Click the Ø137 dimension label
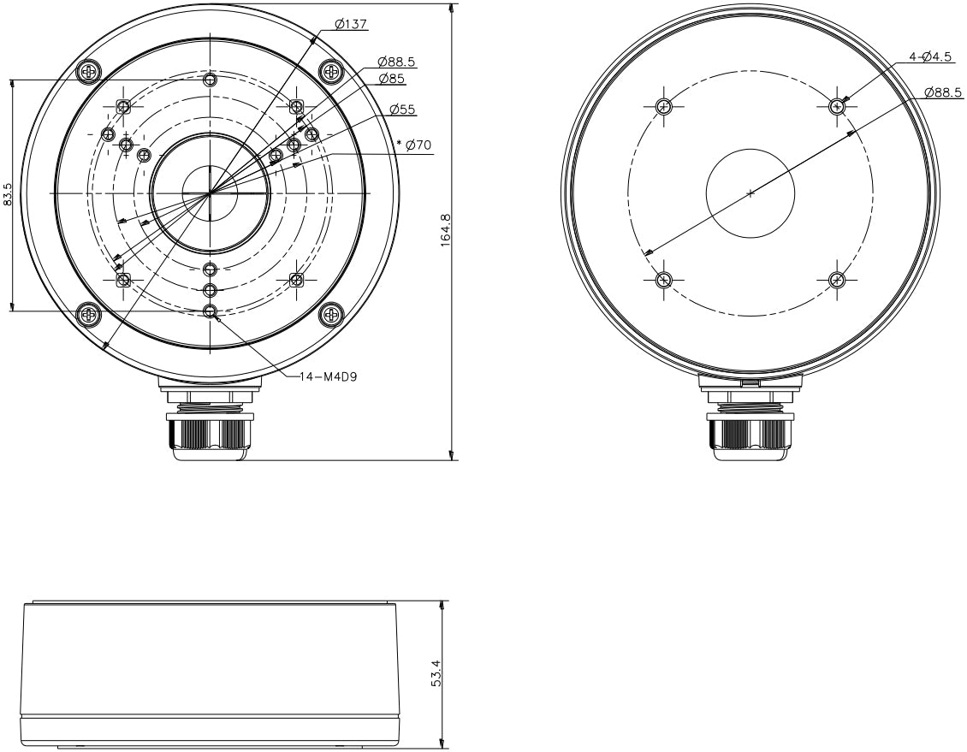point(351,24)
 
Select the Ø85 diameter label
point(391,79)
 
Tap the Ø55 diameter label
point(402,110)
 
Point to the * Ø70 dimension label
point(414,145)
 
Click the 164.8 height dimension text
point(447,230)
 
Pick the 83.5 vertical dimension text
point(8,194)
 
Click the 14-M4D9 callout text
point(328,376)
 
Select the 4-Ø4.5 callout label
point(930,57)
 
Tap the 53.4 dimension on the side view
point(436,673)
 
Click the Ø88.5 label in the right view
point(944,92)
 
